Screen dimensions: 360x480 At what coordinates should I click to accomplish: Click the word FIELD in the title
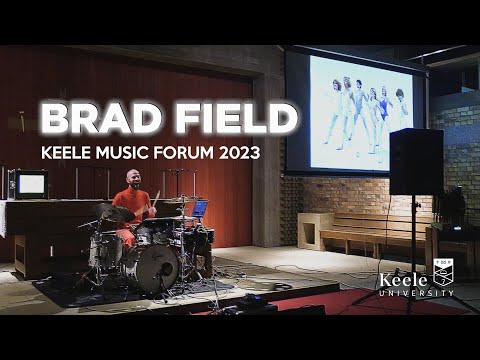coord(232,119)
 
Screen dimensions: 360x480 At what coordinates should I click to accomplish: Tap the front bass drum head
coord(155,268)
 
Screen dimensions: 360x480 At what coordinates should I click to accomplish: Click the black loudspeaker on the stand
coord(416,162)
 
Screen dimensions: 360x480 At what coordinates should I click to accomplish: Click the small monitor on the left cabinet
coord(31,184)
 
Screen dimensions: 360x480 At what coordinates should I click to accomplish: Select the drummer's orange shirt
coord(132,200)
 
